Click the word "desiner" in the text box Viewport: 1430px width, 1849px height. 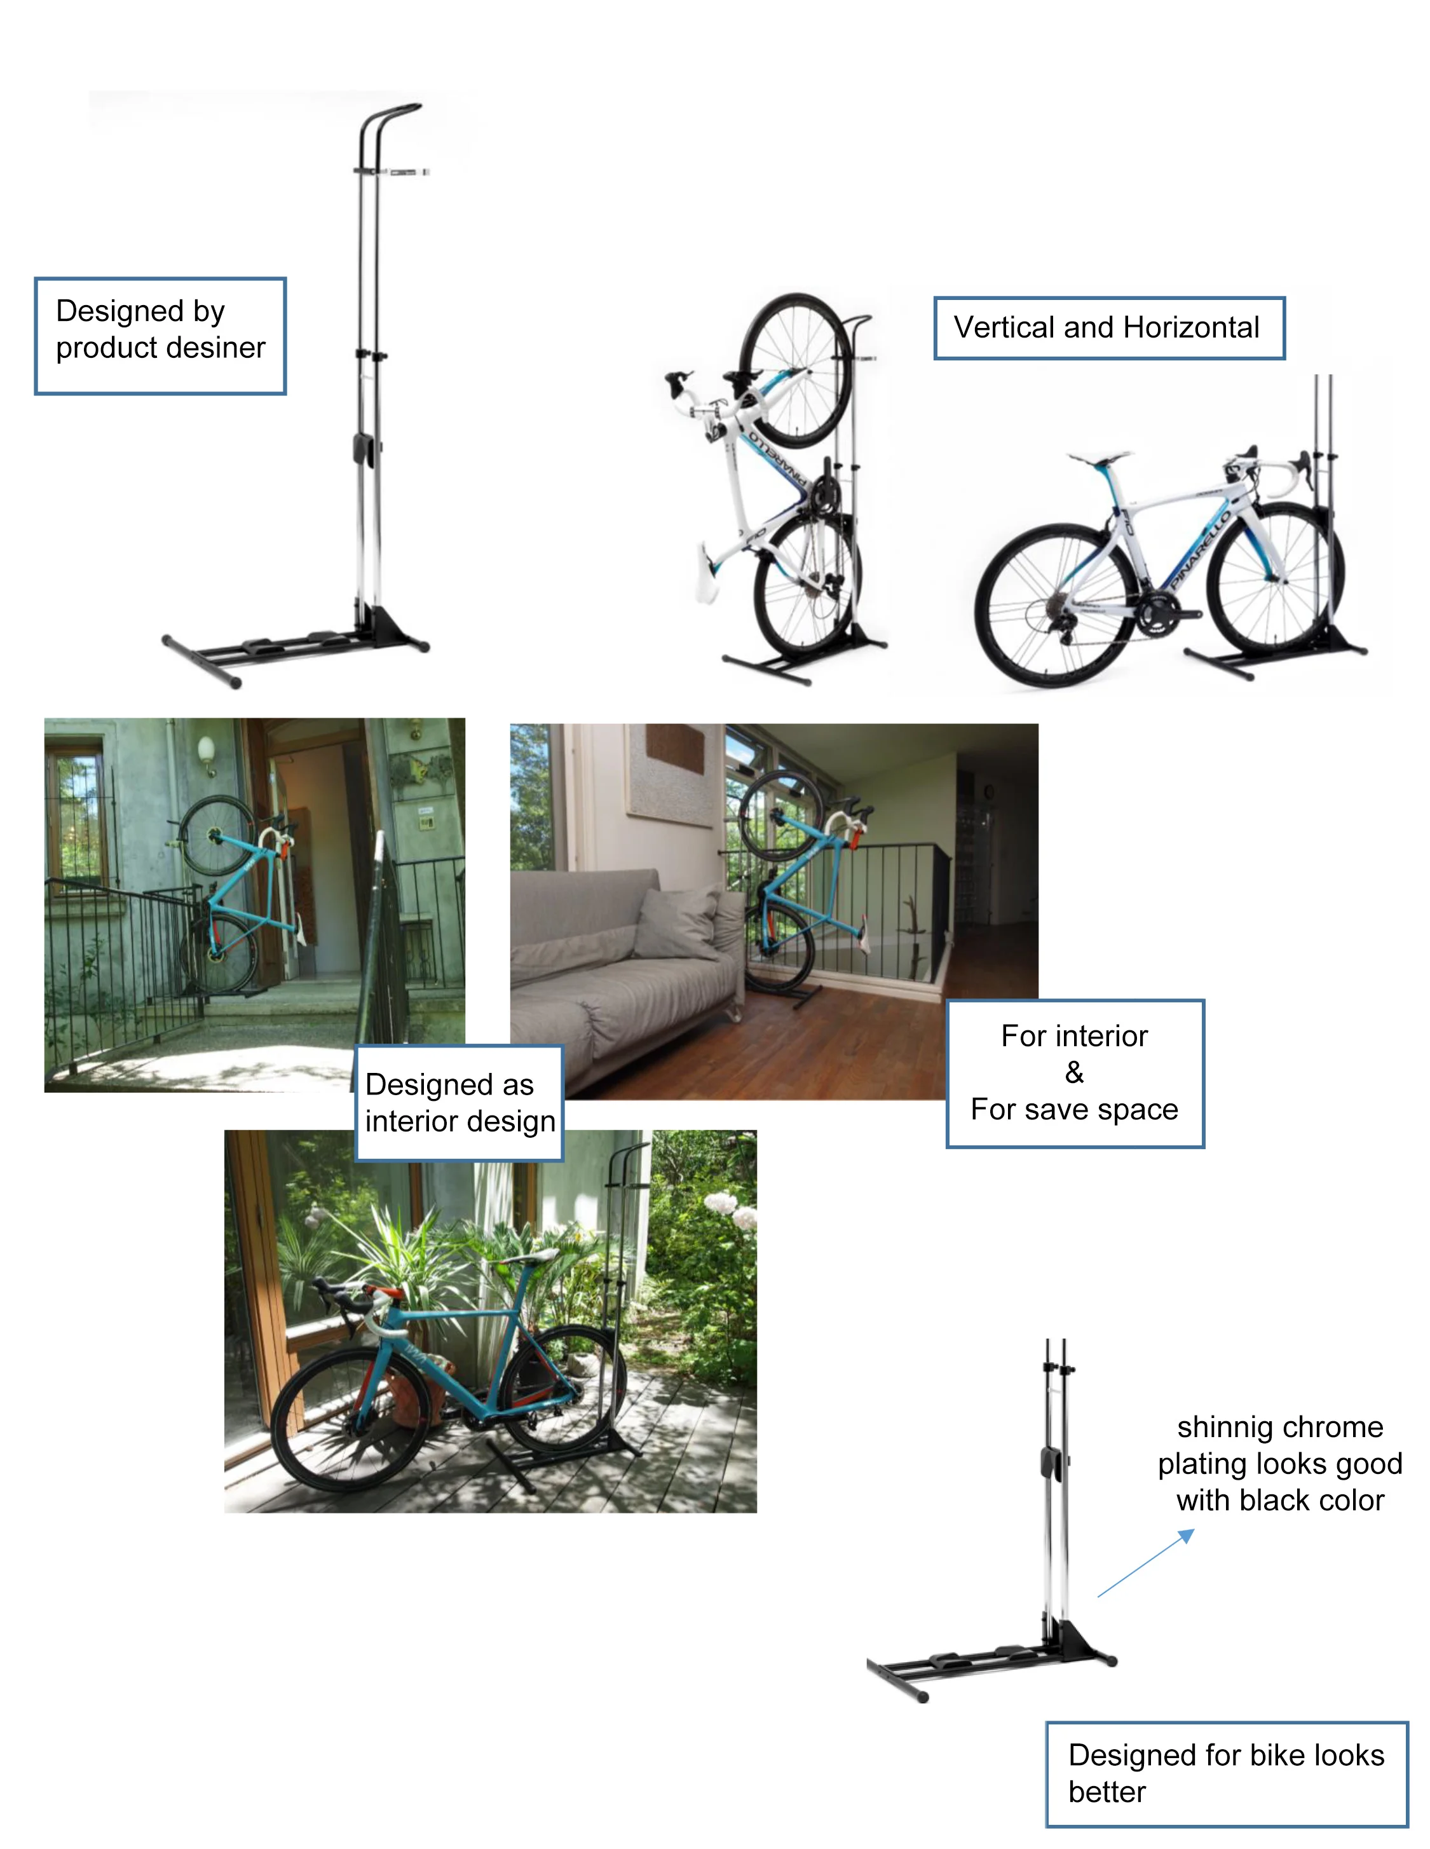tap(219, 348)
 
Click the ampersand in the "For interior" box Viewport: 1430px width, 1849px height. tap(1073, 1073)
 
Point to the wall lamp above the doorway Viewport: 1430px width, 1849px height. tap(206, 751)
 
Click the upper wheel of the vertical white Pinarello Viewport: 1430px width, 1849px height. tap(796, 370)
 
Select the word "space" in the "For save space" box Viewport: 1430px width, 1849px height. tap(1143, 1109)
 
